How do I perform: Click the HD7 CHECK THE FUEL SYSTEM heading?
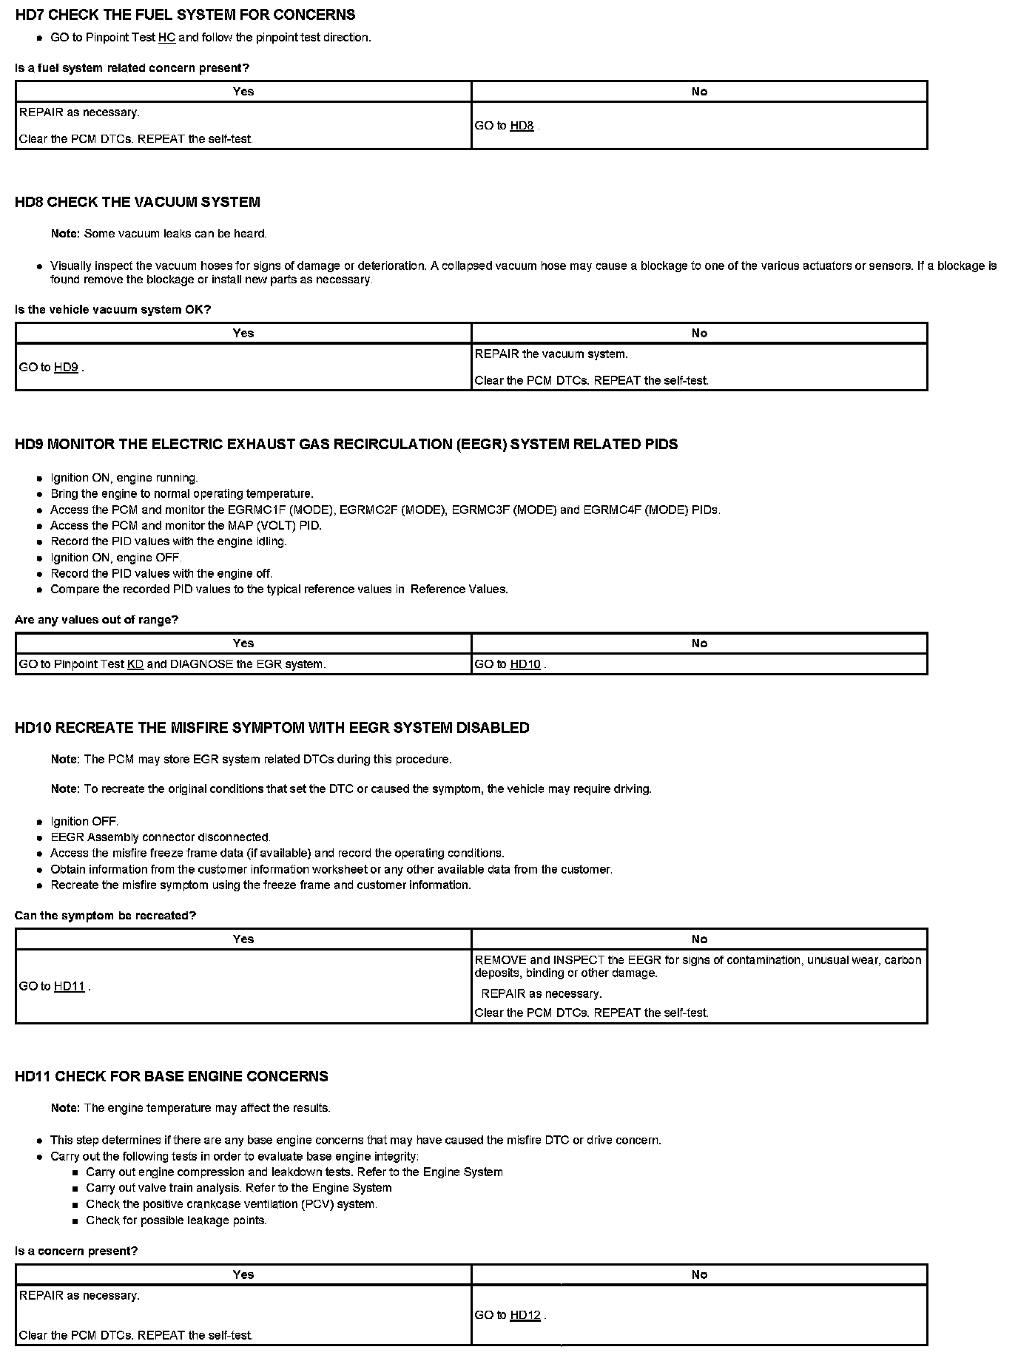click(185, 15)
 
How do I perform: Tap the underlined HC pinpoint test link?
click(166, 37)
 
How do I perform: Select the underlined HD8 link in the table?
click(522, 126)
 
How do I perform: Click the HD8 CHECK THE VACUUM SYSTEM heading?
click(138, 202)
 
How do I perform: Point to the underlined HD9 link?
click(66, 367)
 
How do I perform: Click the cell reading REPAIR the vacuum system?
click(698, 367)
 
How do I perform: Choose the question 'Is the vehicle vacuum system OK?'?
click(112, 309)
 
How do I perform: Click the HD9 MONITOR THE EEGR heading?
click(346, 444)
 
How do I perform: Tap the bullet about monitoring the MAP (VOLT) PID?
click(186, 525)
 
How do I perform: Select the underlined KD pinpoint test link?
click(135, 664)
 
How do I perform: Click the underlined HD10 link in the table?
click(525, 664)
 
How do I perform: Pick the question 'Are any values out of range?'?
click(96, 619)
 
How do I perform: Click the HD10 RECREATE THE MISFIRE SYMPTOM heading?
click(272, 728)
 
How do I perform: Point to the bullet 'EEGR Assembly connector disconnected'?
click(161, 837)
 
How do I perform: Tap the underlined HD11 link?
click(70, 986)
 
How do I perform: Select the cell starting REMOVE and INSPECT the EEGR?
click(698, 986)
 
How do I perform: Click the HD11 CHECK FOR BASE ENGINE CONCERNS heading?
click(172, 1076)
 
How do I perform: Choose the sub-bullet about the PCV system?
click(232, 1204)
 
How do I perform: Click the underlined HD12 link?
click(525, 1315)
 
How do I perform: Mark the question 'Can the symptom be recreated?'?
click(105, 915)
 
